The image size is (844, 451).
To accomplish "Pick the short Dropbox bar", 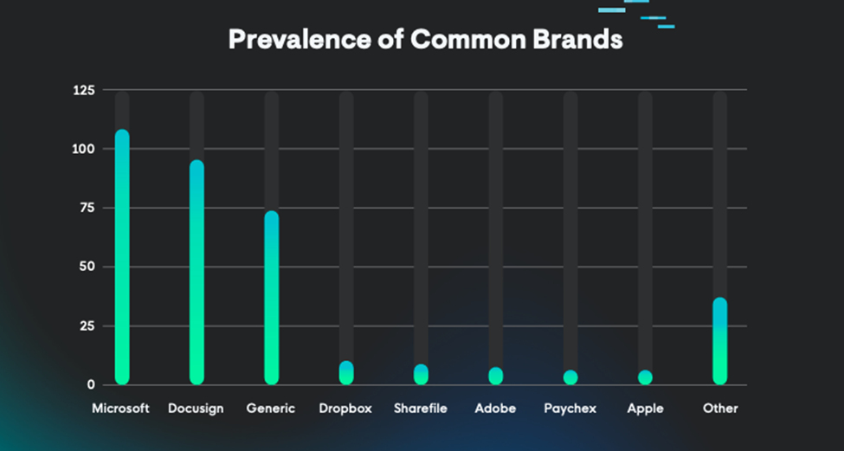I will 346,373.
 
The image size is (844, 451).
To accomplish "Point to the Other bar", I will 720,341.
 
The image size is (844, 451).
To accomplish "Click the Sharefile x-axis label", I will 421,408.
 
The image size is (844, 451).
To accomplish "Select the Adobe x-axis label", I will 495,408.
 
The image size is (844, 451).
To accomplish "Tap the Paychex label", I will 570,408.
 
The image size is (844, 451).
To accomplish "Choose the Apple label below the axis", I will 645,408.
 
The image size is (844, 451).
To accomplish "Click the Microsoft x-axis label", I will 121,408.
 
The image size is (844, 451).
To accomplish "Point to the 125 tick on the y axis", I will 86,90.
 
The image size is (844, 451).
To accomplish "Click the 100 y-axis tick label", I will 86,149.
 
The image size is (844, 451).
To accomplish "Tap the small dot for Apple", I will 645,377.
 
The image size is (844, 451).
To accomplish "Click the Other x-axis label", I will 720,408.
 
